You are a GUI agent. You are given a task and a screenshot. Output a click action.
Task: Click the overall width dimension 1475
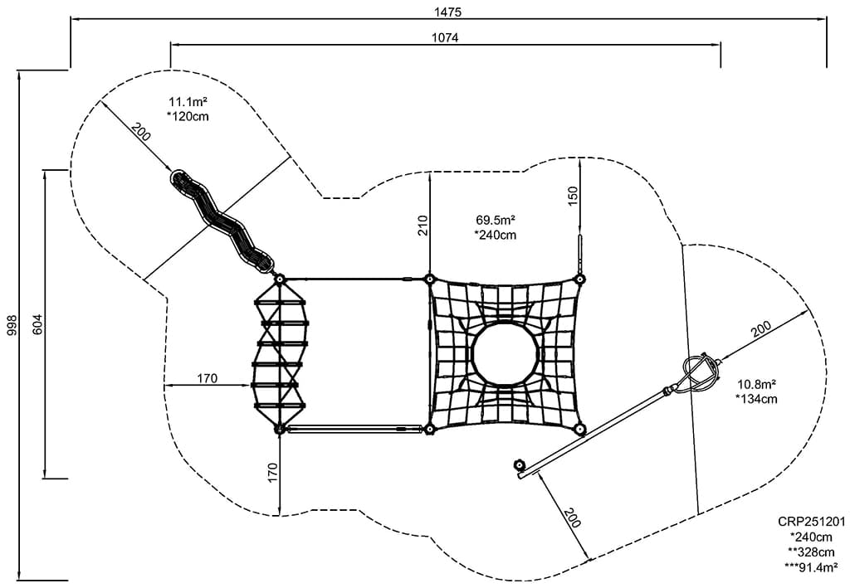447,12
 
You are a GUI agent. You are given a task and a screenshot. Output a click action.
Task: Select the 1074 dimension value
445,37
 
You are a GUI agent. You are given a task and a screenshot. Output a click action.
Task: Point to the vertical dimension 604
37,324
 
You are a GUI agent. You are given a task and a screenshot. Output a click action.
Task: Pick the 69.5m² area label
496,221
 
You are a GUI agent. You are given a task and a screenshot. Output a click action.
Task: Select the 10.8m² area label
756,385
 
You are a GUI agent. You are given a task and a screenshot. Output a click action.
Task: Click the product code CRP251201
811,522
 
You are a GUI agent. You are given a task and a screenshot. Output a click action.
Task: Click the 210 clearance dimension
423,226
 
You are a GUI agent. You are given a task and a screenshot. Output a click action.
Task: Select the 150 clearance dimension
573,197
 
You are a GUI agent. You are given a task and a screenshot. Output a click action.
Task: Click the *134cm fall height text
756,399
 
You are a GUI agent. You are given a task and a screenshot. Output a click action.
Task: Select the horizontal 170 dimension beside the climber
207,379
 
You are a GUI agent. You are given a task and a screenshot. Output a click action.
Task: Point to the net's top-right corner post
580,279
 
